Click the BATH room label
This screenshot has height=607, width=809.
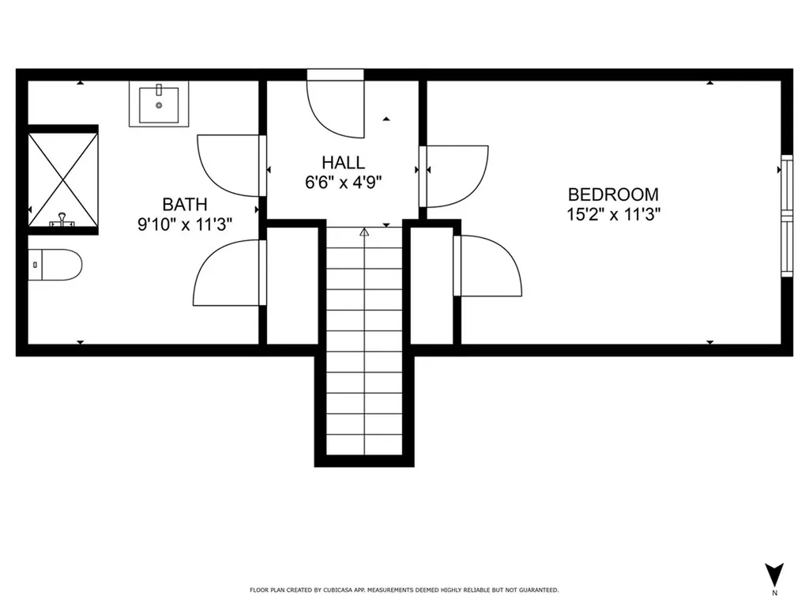(x=185, y=205)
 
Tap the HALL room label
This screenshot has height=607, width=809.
(x=343, y=163)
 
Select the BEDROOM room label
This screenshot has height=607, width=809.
(x=613, y=194)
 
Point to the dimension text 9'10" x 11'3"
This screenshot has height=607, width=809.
(x=185, y=224)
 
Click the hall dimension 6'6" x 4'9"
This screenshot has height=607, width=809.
(x=343, y=183)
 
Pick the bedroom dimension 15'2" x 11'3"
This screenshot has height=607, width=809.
(x=613, y=214)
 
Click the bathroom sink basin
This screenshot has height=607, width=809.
(x=159, y=104)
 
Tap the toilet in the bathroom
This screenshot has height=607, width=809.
(x=55, y=265)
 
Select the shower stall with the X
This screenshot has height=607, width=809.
(x=63, y=179)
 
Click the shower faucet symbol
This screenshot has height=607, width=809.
(x=62, y=221)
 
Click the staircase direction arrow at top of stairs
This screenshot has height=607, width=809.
(x=364, y=232)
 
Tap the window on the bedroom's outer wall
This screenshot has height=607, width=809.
(x=787, y=216)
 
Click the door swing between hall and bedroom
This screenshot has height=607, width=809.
(x=454, y=176)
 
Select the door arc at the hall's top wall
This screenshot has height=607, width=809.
(x=335, y=109)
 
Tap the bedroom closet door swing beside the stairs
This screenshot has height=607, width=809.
(x=487, y=266)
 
